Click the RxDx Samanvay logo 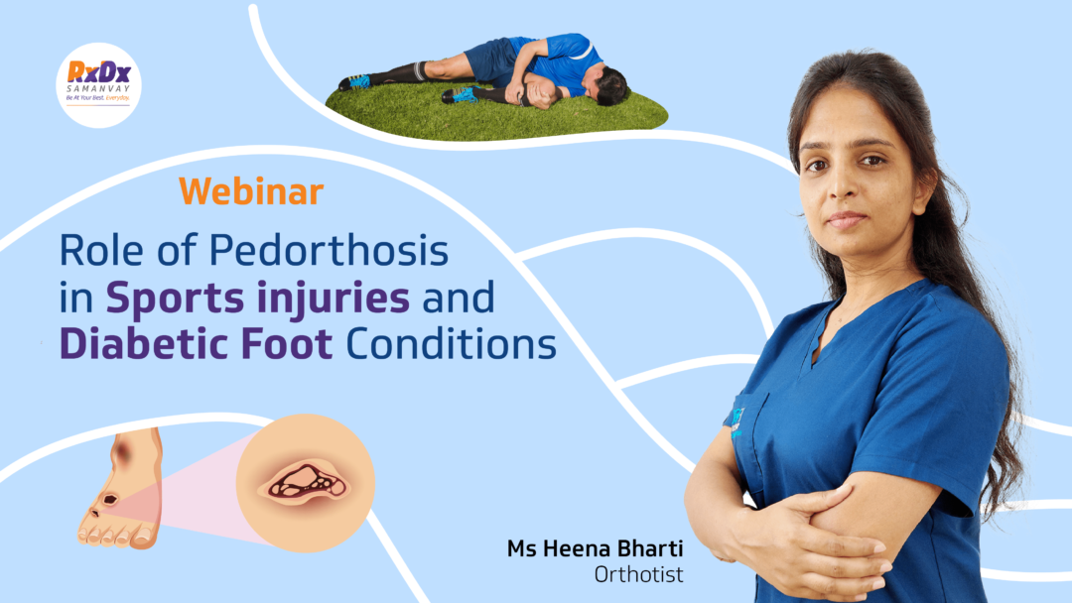pyautogui.click(x=98, y=85)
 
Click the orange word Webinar pyautogui.click(x=251, y=191)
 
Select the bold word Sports pyautogui.click(x=175, y=300)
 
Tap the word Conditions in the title pyautogui.click(x=452, y=343)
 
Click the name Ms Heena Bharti pyautogui.click(x=595, y=548)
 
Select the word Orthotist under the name pyautogui.click(x=638, y=575)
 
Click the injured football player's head pyautogui.click(x=608, y=85)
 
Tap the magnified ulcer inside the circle pyautogui.click(x=305, y=483)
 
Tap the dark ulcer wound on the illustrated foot pyautogui.click(x=109, y=499)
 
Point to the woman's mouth pyautogui.click(x=846, y=220)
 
